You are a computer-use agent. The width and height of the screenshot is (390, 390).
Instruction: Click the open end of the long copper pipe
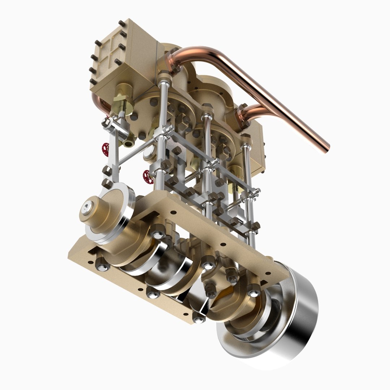(x=325, y=147)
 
